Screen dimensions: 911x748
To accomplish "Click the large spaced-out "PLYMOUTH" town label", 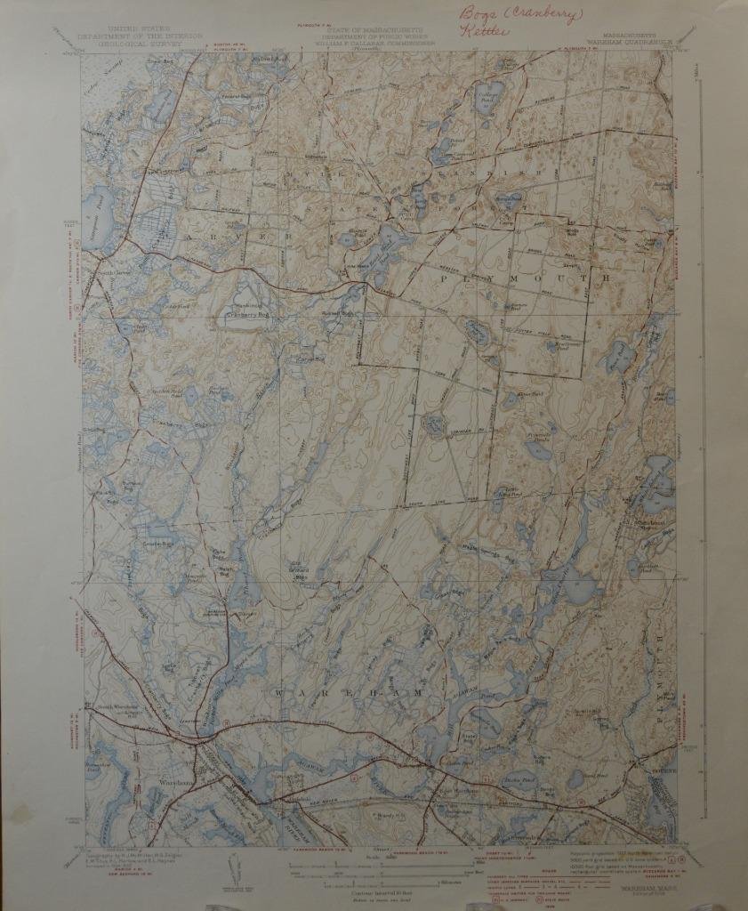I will [524, 278].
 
